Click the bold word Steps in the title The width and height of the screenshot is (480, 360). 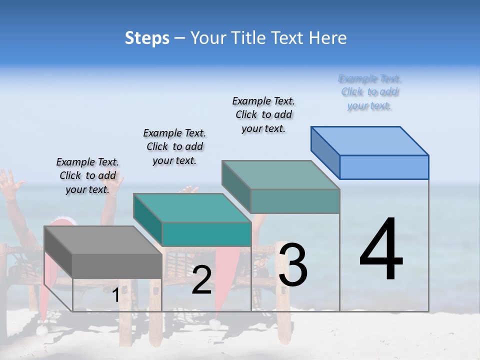tap(147, 38)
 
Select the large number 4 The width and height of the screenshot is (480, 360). tap(381, 250)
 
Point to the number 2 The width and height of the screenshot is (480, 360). tap(201, 280)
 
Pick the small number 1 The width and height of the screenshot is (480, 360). tap(115, 295)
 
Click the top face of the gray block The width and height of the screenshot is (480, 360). tap(103, 240)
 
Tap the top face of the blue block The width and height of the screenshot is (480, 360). tap(370, 140)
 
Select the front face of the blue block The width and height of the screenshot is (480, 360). tap(384, 167)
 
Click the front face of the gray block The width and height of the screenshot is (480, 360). tap(117, 265)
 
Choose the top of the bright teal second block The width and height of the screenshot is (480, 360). tap(192, 207)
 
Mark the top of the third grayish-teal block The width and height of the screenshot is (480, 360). tap(280, 174)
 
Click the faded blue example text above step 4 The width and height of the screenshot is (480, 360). tap(369, 92)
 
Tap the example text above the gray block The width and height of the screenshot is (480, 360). tap(87, 175)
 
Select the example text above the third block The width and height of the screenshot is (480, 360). tap(263, 114)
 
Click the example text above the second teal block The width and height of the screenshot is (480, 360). tap(174, 146)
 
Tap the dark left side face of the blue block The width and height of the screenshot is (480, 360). tap(325, 153)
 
